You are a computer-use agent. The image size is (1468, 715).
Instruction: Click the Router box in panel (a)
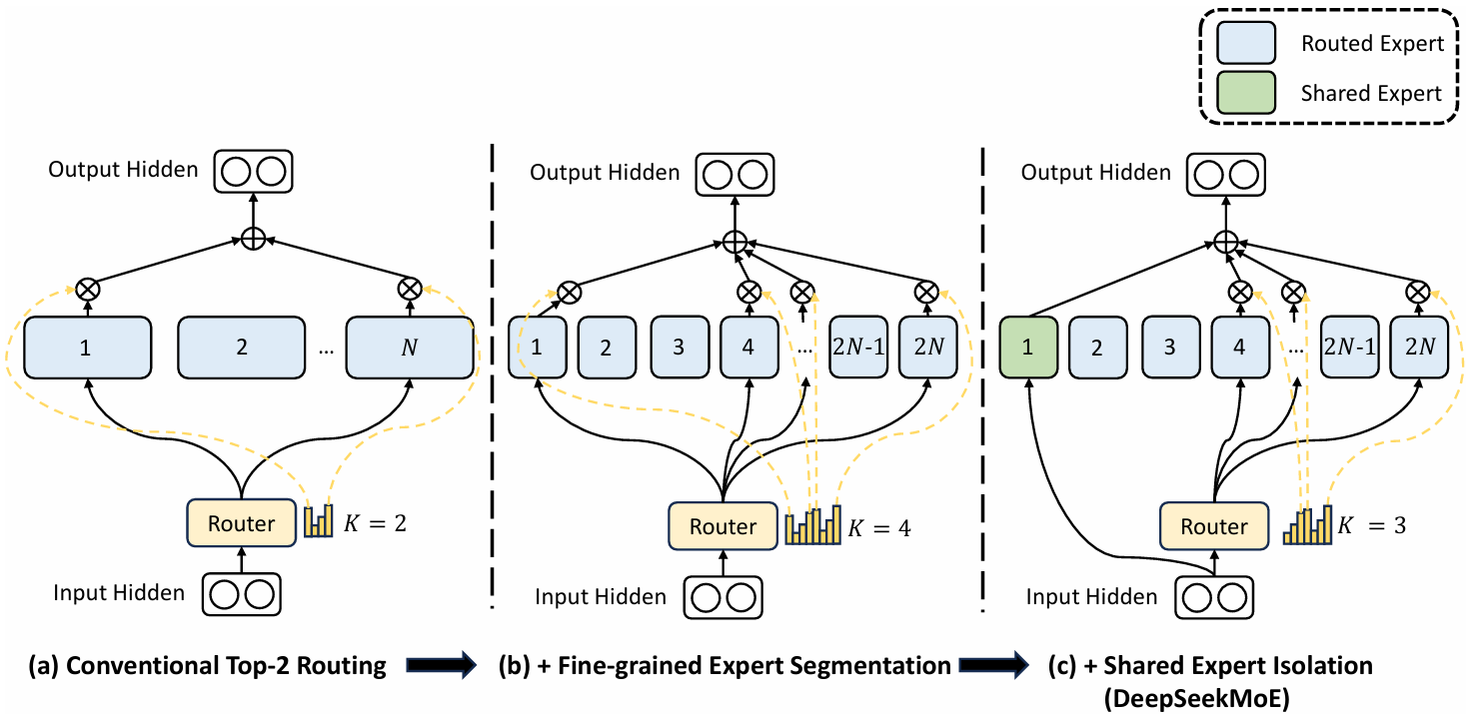coord(242,523)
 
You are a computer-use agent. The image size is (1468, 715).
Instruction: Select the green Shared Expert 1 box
coord(1029,348)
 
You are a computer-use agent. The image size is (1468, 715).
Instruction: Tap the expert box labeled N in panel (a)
coord(409,348)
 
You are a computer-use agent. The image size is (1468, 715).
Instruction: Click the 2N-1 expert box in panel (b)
coord(857,348)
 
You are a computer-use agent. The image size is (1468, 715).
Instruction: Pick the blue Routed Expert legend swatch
coord(1244,44)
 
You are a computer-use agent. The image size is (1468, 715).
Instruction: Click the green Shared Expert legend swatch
coord(1244,93)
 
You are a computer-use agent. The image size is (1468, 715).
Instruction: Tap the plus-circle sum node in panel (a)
coord(253,240)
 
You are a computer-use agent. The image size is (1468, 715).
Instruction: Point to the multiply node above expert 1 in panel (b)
coord(569,292)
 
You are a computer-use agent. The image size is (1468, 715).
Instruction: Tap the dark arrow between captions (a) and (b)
coord(440,666)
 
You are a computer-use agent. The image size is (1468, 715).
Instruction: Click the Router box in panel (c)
coord(1214,526)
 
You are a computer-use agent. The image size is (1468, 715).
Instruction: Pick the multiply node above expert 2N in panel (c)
coord(1415,292)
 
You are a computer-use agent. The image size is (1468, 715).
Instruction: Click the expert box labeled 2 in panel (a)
coord(241,348)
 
